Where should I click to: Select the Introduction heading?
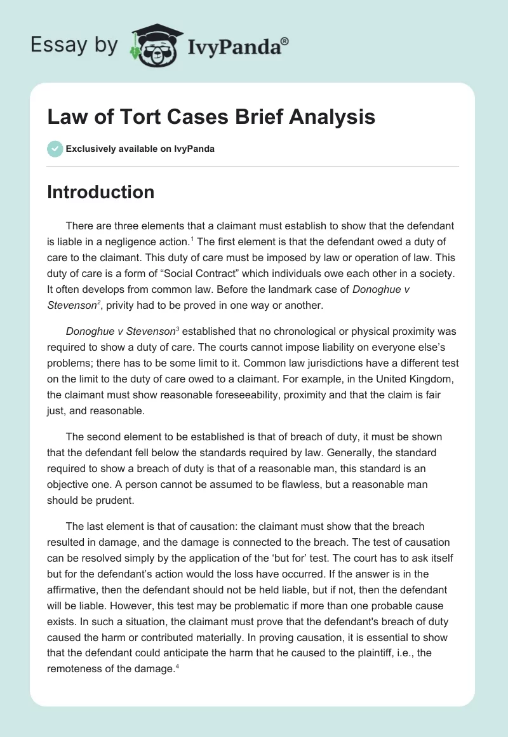(x=100, y=192)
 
